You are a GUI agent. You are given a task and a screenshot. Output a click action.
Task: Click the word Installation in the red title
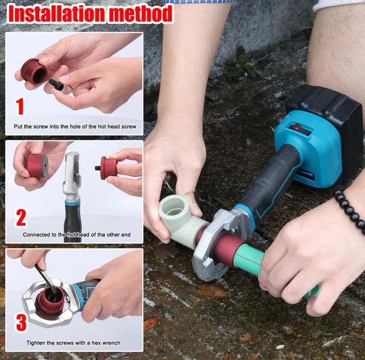[x=57, y=13]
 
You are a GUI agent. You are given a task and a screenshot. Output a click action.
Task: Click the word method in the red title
[x=141, y=13]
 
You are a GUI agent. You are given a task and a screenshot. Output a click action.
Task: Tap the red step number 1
[x=20, y=106]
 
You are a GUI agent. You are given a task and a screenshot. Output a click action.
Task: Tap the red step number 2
[x=21, y=218]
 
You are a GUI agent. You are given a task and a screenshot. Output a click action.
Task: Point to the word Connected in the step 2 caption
[x=36, y=235]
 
